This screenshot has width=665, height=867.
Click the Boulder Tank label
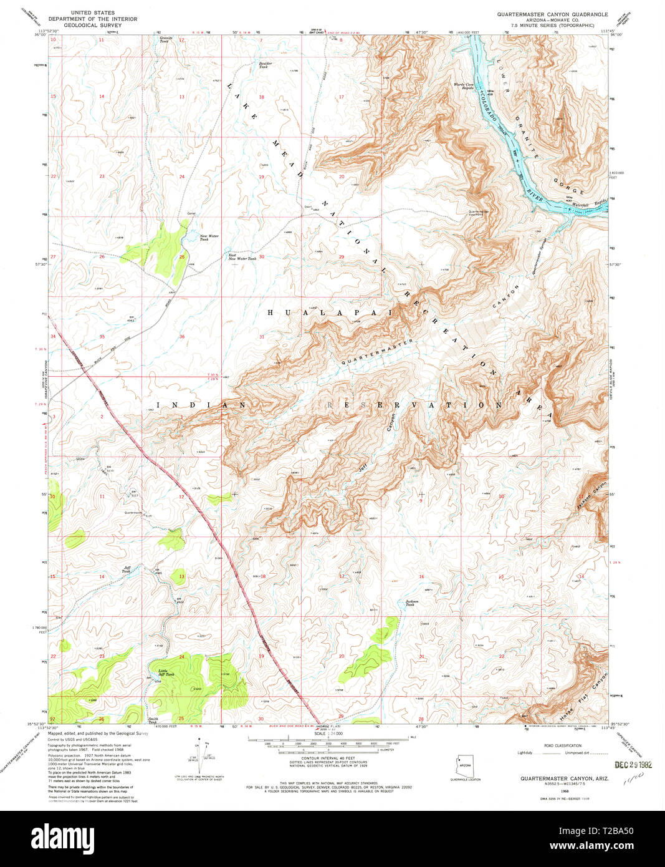coord(266,64)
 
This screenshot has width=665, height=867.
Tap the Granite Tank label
coord(166,39)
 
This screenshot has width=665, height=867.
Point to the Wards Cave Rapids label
coord(463,86)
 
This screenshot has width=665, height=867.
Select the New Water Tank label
coord(209,238)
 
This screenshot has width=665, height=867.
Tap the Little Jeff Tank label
coord(162,673)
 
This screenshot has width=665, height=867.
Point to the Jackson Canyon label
coord(591,490)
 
